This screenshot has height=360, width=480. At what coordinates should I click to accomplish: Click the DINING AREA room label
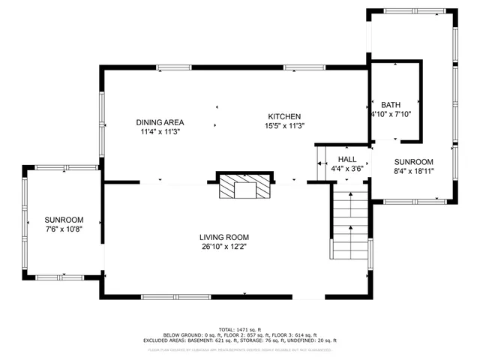point(160,122)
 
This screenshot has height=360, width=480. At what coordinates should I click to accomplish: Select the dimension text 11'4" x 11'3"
point(160,132)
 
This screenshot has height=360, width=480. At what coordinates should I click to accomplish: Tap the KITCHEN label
point(285,116)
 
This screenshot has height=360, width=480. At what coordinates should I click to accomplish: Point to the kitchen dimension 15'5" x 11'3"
point(285,126)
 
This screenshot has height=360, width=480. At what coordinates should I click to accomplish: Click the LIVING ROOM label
point(225,237)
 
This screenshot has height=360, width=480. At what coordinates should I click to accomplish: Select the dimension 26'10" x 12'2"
point(225,247)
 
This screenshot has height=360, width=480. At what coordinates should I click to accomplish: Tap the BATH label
point(391,105)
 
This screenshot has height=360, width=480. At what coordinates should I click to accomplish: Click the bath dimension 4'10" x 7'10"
point(391,115)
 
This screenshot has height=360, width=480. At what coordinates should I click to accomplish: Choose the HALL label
point(346,160)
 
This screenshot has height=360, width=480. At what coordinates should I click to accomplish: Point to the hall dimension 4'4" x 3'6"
point(346,169)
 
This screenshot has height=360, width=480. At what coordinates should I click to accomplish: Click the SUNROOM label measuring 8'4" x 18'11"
point(414,162)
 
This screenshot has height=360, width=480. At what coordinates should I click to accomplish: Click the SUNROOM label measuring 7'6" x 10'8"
point(64,219)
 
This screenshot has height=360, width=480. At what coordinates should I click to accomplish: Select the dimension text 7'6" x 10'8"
point(64,229)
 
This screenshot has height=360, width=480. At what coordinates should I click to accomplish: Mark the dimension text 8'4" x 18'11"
point(414,172)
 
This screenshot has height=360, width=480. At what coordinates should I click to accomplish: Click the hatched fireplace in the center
point(241,187)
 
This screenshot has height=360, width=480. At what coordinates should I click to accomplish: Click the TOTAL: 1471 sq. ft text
point(241,329)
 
